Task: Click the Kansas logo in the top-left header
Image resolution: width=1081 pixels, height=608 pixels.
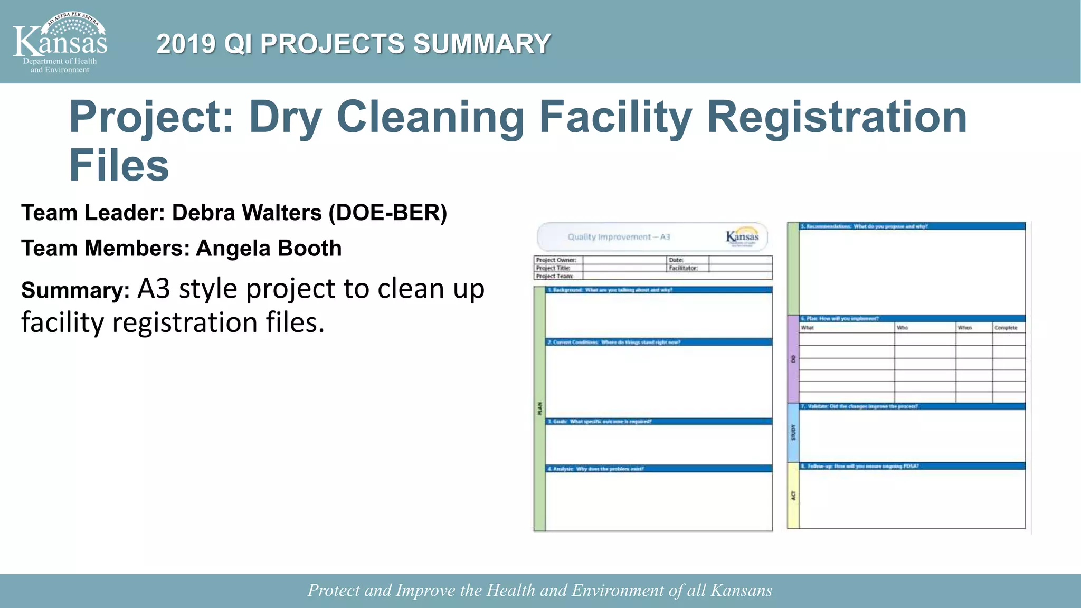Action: coord(60,42)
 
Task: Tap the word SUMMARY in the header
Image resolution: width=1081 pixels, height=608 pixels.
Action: coord(482,44)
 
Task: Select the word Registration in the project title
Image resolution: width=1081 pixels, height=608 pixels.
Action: coord(837,117)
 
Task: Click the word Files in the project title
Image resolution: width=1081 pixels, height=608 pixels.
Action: coord(119,166)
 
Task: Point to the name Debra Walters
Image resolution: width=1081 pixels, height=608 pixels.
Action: coord(246,213)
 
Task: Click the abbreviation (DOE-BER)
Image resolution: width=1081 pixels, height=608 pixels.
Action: coord(388,213)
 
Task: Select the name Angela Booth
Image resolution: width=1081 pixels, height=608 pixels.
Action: coord(269,248)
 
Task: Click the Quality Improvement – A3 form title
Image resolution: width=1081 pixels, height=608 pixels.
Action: coord(619,237)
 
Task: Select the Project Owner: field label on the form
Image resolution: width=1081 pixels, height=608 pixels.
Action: coord(556,260)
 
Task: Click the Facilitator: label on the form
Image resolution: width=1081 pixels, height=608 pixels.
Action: coord(683,268)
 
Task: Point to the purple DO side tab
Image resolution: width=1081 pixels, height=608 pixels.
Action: coord(793,359)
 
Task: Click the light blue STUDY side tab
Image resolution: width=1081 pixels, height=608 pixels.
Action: coord(793,433)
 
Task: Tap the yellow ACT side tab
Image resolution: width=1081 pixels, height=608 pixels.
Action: coord(793,496)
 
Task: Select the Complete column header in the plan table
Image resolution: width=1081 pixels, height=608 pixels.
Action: coord(1006,328)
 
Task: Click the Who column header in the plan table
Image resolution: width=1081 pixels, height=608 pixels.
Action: coord(902,328)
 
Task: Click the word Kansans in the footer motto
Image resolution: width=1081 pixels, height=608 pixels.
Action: coord(741,590)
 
